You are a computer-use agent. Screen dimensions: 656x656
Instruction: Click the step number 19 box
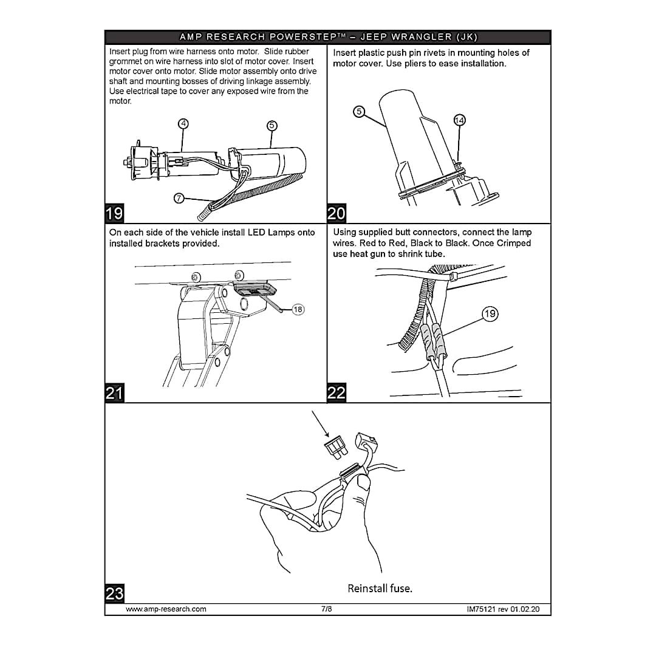click(x=114, y=213)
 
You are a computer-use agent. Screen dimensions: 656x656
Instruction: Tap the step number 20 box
click(x=337, y=213)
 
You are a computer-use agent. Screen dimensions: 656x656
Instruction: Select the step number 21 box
click(x=114, y=393)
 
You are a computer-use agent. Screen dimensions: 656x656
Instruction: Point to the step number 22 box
click(x=337, y=393)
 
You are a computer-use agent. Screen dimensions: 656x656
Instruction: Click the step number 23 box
click(x=114, y=593)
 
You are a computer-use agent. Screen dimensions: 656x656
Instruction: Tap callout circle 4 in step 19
click(x=183, y=124)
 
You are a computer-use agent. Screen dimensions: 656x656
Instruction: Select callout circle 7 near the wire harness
click(x=179, y=198)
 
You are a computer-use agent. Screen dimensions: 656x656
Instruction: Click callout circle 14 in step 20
click(x=459, y=120)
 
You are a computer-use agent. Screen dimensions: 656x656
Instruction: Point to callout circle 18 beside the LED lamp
click(x=298, y=310)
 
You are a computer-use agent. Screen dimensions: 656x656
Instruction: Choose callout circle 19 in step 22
click(x=490, y=314)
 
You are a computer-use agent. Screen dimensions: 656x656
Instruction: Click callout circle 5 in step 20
click(x=359, y=112)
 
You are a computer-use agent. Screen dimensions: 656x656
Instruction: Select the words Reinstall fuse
click(x=380, y=589)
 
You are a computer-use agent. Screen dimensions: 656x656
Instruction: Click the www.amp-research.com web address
click(x=166, y=609)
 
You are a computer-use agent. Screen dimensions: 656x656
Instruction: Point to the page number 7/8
click(x=327, y=609)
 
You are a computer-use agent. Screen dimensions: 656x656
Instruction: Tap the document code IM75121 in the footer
click(x=481, y=609)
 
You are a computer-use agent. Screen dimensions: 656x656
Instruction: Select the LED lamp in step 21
click(x=255, y=289)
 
